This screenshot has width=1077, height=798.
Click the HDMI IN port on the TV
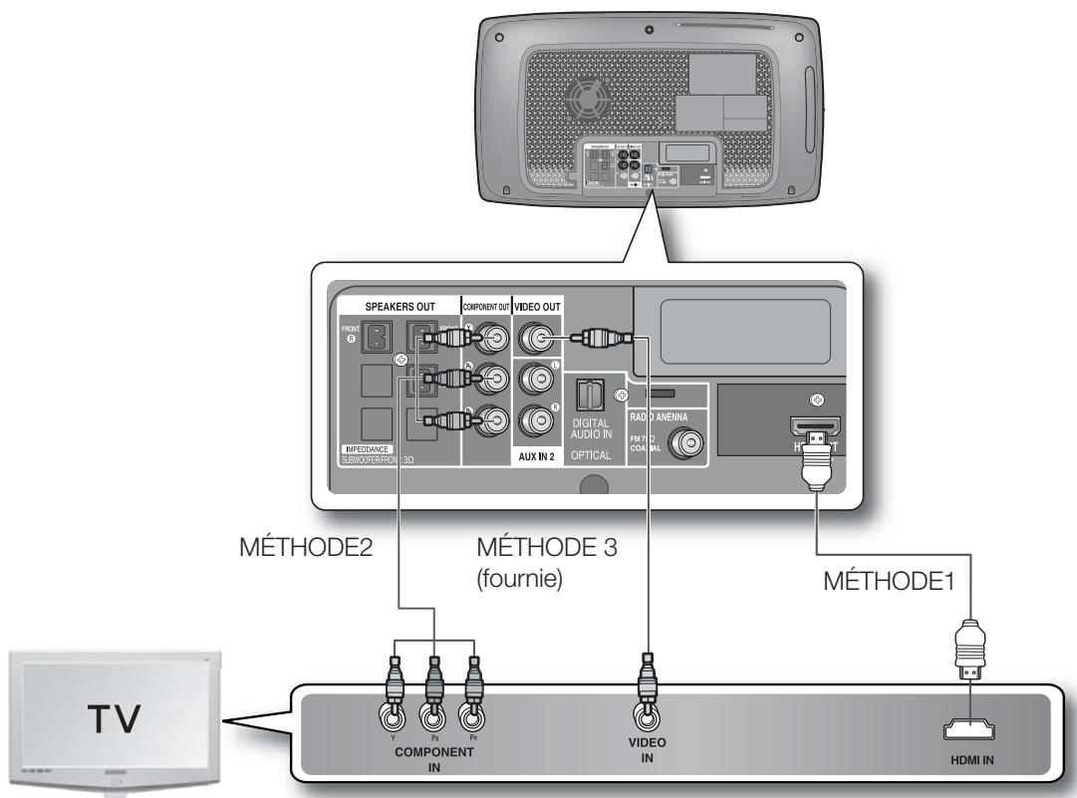975,732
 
